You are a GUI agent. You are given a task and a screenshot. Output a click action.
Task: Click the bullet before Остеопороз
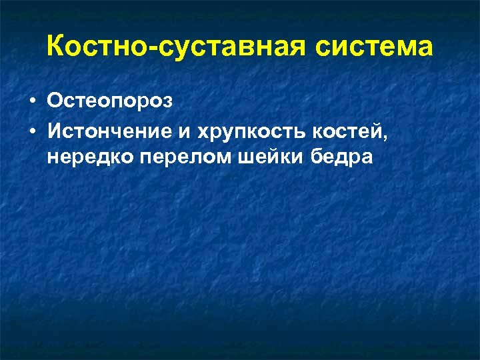point(32,102)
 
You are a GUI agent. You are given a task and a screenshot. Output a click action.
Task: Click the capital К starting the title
point(56,47)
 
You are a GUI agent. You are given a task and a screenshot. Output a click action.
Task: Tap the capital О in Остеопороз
point(55,101)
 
